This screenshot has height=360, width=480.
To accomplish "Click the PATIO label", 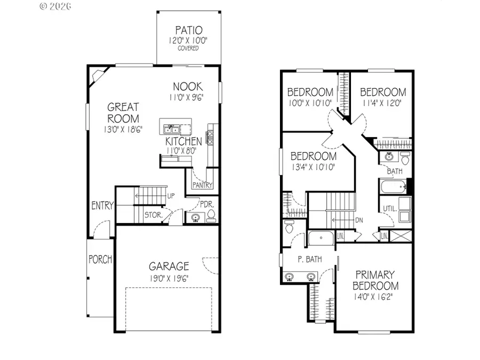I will pyautogui.click(x=188, y=30).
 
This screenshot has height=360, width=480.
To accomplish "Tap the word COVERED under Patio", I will pyautogui.click(x=188, y=49).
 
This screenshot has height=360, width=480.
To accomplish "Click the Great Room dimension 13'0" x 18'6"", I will pyautogui.click(x=123, y=129).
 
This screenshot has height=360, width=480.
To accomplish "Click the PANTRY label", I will pyautogui.click(x=202, y=186).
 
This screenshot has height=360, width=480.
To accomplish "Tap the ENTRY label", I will pyautogui.click(x=102, y=206).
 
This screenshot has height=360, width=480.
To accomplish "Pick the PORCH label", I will pyautogui.click(x=100, y=260).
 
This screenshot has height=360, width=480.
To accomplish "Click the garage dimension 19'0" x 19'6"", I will pyautogui.click(x=169, y=278).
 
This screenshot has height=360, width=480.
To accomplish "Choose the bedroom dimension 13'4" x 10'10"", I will pyautogui.click(x=313, y=167).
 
